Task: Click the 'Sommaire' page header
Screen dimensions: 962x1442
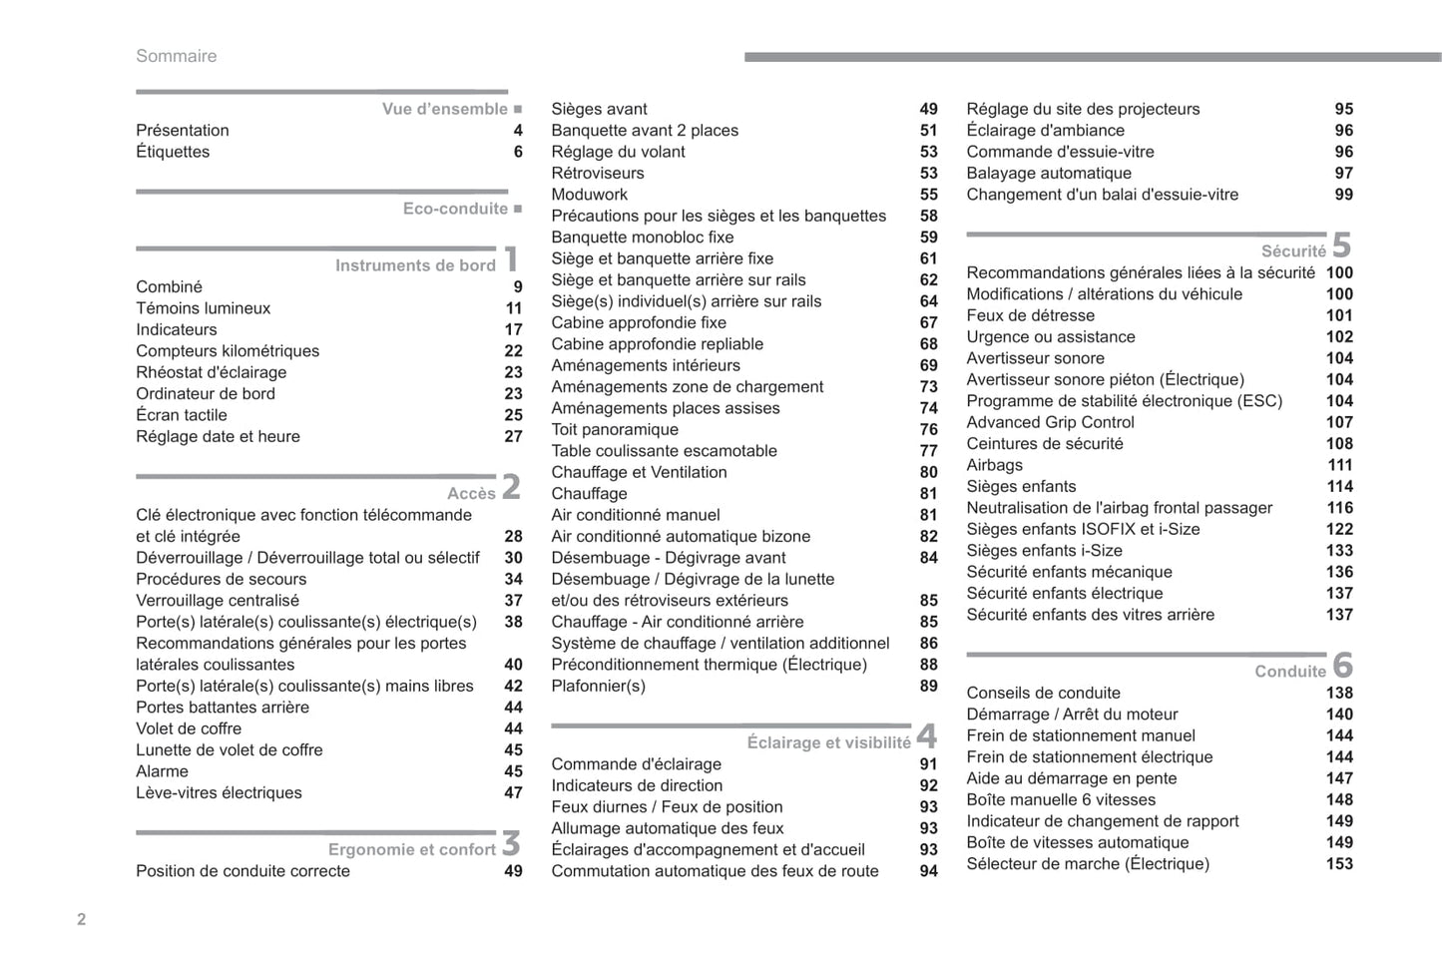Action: point(176,56)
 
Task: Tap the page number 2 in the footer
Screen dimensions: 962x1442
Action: point(82,919)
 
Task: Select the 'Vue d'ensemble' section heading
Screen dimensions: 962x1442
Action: point(445,109)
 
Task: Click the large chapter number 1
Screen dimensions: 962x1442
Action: point(511,259)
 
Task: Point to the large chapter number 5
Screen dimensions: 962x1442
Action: point(1341,245)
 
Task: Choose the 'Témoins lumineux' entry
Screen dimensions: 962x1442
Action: point(203,308)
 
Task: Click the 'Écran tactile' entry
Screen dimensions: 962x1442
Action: point(182,415)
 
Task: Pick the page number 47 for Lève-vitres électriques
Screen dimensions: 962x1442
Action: point(513,793)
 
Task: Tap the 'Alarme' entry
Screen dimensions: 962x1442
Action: point(162,771)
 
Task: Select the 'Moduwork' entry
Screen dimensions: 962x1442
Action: point(590,195)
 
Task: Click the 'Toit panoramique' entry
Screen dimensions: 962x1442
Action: point(615,429)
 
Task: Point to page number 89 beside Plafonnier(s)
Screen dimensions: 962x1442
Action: point(928,687)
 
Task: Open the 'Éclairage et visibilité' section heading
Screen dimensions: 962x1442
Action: point(828,742)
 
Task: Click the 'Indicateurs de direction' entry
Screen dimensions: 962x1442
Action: point(637,785)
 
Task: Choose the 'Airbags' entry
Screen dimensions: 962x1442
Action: point(994,465)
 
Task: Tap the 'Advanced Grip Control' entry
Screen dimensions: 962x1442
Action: point(1050,422)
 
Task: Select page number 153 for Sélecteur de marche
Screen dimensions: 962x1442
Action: point(1339,864)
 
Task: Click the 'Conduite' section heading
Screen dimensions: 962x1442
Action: point(1289,672)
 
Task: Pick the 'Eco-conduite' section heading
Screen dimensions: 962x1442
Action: point(455,209)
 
